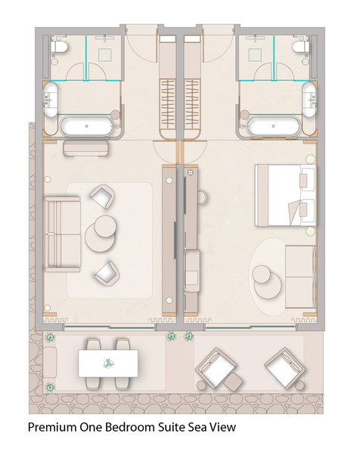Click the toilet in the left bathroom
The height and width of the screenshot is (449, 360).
pos(59,47)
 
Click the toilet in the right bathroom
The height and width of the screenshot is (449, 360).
pos(301,47)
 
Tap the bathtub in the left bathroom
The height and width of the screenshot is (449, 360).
pos(86,125)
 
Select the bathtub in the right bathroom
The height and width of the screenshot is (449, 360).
pos(273,125)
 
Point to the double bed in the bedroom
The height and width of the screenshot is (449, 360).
pos(286,195)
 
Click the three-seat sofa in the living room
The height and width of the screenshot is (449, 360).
pos(63,234)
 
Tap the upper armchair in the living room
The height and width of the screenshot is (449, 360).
pos(102,197)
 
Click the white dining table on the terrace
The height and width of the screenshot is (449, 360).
pos(108,363)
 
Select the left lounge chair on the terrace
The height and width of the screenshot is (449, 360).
pos(216,367)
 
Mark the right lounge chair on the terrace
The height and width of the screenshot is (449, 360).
pos(284,367)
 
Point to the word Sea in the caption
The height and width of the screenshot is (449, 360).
pos(196,427)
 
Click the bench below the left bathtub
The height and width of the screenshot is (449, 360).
pos(86,148)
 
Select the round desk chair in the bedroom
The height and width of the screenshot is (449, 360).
pos(203,197)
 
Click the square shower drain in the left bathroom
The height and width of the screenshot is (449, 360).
pos(105,54)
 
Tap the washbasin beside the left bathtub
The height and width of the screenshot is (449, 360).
pos(51,99)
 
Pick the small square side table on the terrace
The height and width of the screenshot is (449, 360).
pos(233,382)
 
